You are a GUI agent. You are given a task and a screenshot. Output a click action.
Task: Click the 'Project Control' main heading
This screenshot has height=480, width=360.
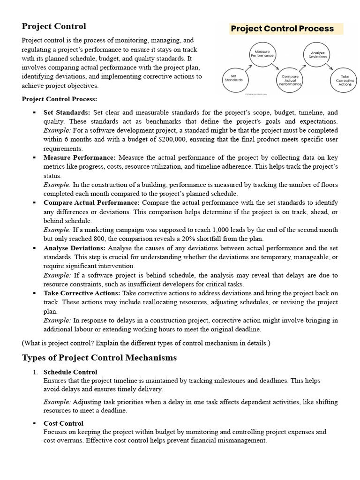(x=54, y=26)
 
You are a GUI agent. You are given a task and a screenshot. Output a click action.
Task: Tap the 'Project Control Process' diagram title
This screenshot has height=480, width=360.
(x=282, y=29)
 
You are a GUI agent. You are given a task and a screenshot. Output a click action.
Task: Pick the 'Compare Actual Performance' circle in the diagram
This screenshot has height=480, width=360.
(x=290, y=80)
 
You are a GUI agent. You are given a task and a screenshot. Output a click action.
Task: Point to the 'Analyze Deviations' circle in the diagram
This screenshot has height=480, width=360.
(x=317, y=53)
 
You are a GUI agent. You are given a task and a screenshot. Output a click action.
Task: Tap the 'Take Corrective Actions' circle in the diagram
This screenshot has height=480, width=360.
(x=345, y=80)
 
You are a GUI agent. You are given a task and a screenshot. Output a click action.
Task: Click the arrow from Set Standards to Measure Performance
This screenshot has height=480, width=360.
(x=247, y=67)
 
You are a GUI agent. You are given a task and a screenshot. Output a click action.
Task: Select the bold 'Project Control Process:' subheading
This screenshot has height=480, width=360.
(x=60, y=99)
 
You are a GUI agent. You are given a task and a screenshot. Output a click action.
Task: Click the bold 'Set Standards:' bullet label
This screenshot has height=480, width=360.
(x=67, y=113)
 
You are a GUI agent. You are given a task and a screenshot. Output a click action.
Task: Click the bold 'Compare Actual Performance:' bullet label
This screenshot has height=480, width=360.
(x=91, y=202)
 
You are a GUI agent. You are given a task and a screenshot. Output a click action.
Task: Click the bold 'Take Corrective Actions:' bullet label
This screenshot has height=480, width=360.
(x=82, y=293)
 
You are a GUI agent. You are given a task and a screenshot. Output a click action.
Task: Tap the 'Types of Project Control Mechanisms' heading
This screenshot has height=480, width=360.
(x=99, y=358)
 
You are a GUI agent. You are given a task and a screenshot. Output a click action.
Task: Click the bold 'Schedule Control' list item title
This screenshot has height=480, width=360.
(x=70, y=372)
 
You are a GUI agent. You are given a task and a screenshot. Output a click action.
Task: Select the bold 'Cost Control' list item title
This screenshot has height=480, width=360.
(x=63, y=423)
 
